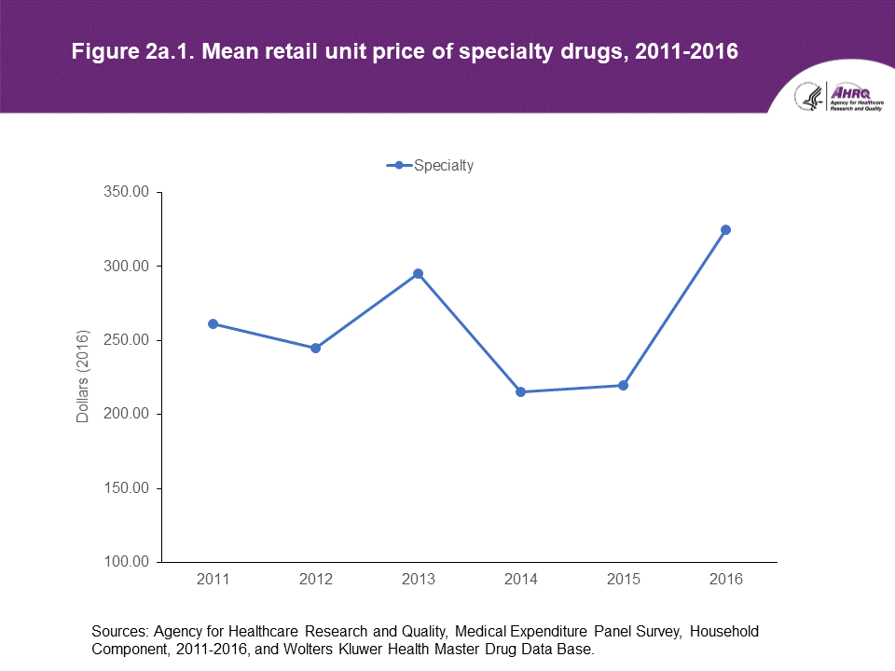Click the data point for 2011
(x=213, y=323)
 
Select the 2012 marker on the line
(x=316, y=348)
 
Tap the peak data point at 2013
(x=419, y=274)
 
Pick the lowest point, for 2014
(x=521, y=391)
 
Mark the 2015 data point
(x=624, y=385)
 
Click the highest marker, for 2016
(x=726, y=229)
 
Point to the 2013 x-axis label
(x=419, y=580)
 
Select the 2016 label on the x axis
(x=726, y=580)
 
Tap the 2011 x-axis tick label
(x=213, y=580)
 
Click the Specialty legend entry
(x=431, y=166)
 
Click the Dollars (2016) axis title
(x=83, y=377)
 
